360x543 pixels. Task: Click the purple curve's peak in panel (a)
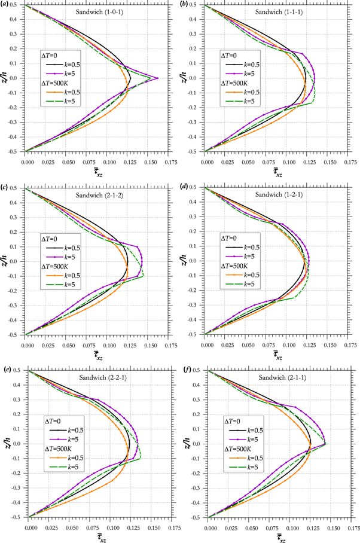[x=157, y=78]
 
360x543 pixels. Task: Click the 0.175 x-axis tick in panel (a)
[x=157, y=161]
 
